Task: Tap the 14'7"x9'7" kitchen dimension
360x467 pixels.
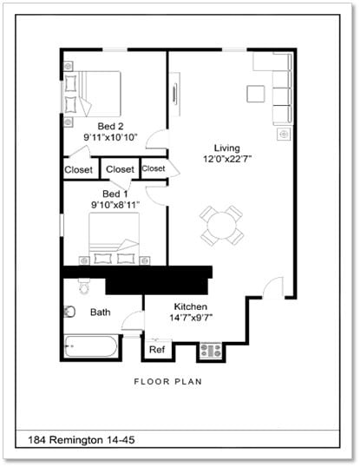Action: [193, 319]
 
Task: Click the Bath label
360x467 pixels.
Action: [101, 312]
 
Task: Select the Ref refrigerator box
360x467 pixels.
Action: [157, 350]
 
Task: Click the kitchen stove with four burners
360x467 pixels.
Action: [211, 351]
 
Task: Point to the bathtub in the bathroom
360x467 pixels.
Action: [89, 348]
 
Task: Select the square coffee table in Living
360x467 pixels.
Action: [254, 94]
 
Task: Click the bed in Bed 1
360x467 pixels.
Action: [114, 239]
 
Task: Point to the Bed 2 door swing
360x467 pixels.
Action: [157, 140]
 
